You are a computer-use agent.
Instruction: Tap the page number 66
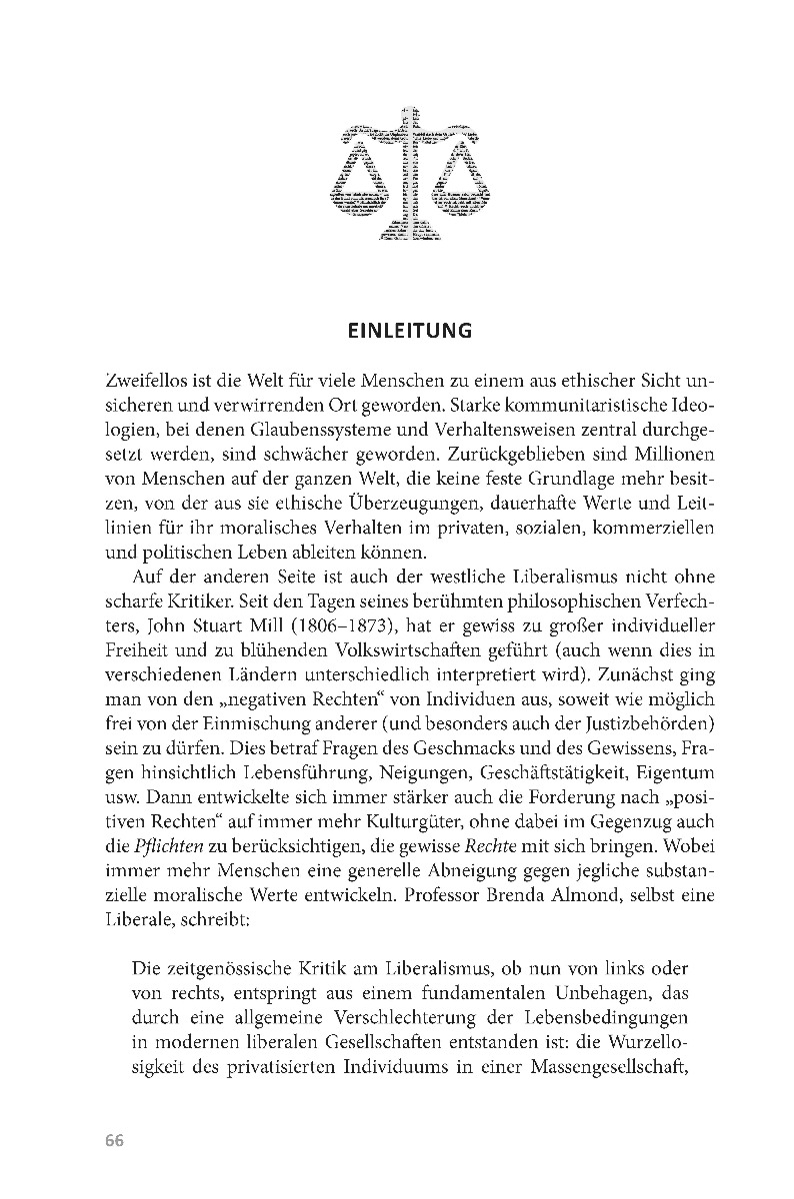tap(113, 1142)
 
